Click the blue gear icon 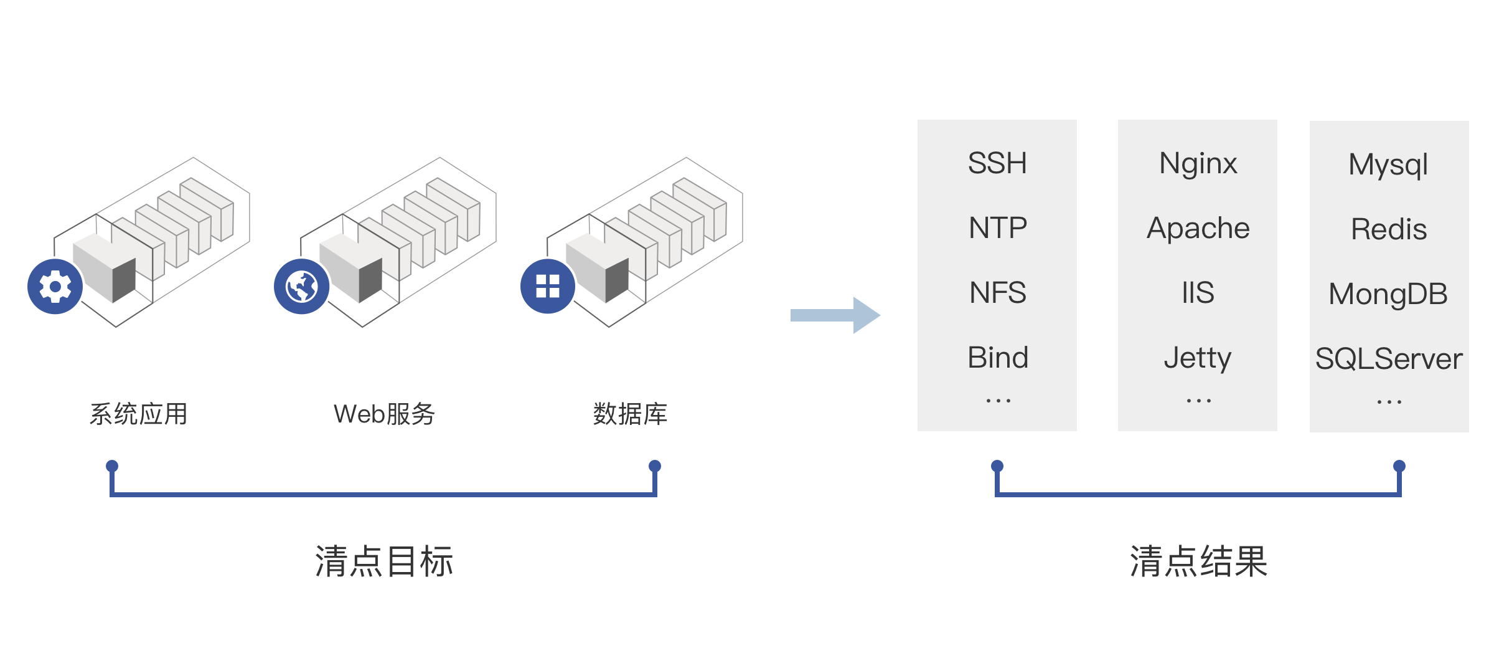(55, 287)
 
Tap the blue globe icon (301, 287)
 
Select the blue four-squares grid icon (548, 287)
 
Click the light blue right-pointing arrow (835, 315)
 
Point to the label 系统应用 (138, 414)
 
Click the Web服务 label (384, 414)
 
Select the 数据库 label (630, 414)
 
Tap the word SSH (997, 163)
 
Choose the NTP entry (997, 228)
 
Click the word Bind (997, 358)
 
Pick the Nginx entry (1198, 164)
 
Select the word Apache (1198, 228)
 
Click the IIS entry (1198, 293)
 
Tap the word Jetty (1198, 358)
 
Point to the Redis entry (1389, 229)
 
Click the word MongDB (1388, 294)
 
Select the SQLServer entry (1389, 359)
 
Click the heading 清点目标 (384, 561)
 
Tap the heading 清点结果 (1198, 561)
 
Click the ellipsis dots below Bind (998, 401)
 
